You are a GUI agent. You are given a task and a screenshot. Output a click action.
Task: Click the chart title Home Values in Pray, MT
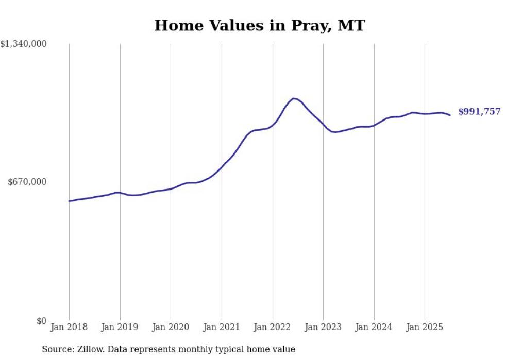pos(259,25)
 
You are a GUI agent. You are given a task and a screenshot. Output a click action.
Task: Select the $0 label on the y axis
pos(41,321)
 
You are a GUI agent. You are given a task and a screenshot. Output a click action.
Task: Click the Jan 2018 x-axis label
pos(69,327)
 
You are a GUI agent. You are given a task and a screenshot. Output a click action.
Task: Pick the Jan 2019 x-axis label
pos(120,327)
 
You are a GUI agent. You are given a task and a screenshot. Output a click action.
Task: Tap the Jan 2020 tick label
pos(171,327)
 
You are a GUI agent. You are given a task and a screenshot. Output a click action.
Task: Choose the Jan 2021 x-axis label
pos(222,327)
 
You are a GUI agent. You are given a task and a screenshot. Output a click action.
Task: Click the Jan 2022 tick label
pos(273,327)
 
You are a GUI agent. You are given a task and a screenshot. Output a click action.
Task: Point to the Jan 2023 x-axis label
pos(323,327)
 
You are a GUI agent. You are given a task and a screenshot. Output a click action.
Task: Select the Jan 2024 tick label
pos(374,327)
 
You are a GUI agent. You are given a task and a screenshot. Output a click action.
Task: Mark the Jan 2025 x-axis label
pos(425,327)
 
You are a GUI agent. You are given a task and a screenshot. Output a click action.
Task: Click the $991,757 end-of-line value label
pos(479,111)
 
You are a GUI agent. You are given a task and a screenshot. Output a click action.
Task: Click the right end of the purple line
pos(450,115)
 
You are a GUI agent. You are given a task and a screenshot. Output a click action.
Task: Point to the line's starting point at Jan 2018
pos(69,201)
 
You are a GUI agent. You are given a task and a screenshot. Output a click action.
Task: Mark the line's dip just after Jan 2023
pos(335,132)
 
